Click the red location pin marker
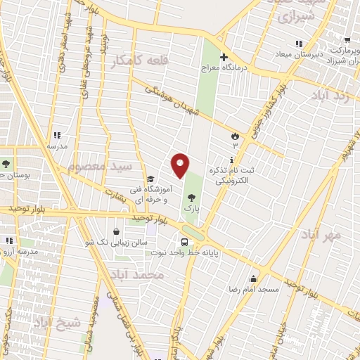180,166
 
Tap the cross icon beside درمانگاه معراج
224,57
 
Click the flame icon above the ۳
235,135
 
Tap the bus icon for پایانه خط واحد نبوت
184,243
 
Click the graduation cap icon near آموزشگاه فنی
150,179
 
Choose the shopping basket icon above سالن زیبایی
117,231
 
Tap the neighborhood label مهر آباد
322,234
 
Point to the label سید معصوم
99,167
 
